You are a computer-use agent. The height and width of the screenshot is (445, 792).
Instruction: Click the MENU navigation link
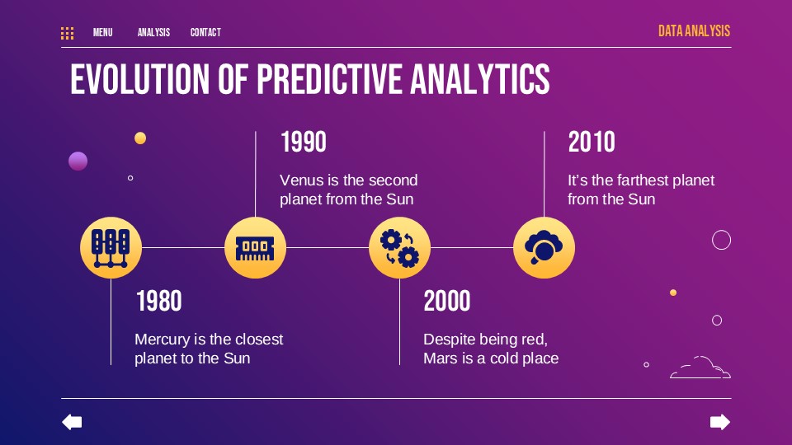pyautogui.click(x=102, y=33)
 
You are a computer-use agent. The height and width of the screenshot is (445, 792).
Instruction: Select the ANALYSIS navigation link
pyautogui.click(x=153, y=33)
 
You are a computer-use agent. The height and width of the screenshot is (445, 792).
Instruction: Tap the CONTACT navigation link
pyautogui.click(x=205, y=33)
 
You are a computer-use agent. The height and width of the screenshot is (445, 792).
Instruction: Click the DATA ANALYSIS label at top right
pyautogui.click(x=694, y=31)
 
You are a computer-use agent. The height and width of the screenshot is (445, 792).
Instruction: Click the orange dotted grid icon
pyautogui.click(x=68, y=33)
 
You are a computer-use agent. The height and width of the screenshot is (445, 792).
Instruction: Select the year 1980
pyautogui.click(x=158, y=302)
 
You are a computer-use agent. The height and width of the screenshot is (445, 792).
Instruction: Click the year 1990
pyautogui.click(x=304, y=143)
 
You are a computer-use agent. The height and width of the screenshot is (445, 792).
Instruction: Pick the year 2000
pyautogui.click(x=447, y=302)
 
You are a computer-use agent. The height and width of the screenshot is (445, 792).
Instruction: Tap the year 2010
pyautogui.click(x=592, y=143)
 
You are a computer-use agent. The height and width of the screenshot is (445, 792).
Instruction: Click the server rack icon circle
pyautogui.click(x=111, y=247)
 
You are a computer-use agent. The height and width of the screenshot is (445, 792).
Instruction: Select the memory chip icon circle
pyautogui.click(x=255, y=247)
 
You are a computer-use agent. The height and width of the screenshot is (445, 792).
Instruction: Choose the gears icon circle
pyautogui.click(x=399, y=247)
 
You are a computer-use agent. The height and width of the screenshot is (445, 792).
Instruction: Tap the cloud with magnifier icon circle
pyautogui.click(x=544, y=247)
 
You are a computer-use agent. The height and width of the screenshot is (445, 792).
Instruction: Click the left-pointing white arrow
pyautogui.click(x=73, y=423)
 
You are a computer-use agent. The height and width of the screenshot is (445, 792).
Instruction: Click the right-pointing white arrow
pyautogui.click(x=720, y=423)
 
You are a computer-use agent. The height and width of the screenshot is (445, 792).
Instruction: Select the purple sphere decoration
pyautogui.click(x=78, y=162)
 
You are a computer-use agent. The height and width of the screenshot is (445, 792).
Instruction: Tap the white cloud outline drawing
pyautogui.click(x=700, y=368)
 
